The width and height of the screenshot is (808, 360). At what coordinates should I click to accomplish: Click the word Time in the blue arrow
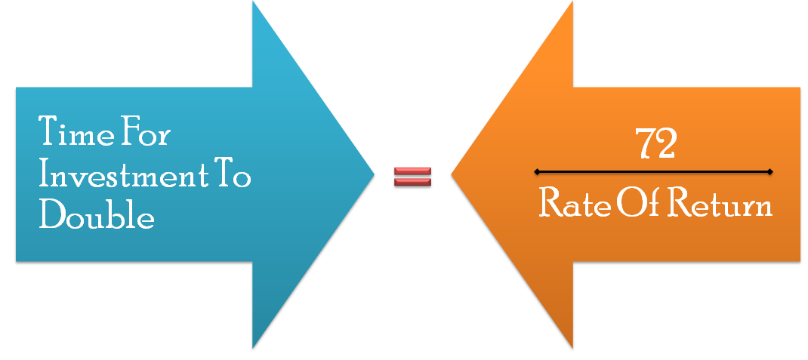[72, 133]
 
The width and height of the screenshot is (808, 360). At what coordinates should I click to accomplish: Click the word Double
[97, 217]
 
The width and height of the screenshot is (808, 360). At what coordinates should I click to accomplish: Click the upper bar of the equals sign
[413, 171]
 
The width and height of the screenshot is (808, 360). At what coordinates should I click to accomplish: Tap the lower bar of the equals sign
[413, 182]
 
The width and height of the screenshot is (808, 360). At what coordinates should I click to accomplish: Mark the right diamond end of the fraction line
[769, 172]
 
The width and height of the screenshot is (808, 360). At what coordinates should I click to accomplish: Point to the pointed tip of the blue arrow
[374, 175]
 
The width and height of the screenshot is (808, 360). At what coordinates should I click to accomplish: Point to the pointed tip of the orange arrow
[452, 176]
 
